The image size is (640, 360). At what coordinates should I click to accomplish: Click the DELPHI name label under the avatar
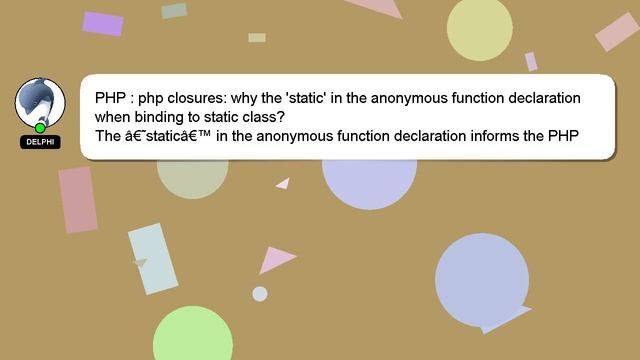(40, 142)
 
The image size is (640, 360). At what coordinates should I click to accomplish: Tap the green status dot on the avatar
(40, 128)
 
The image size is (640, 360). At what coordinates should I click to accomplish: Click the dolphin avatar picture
(40, 102)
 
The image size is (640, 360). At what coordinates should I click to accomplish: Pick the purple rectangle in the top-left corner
(102, 23)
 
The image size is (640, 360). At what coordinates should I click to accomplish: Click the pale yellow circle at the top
(479, 29)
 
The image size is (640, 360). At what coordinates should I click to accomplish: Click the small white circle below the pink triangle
(260, 294)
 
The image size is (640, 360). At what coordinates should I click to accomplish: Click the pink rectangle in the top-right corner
(617, 32)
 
